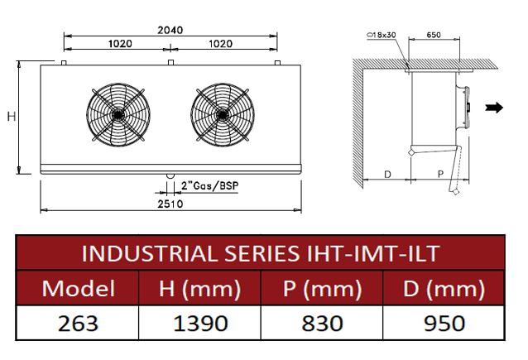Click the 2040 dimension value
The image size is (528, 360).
coord(170,30)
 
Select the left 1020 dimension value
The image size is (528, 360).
coord(120,44)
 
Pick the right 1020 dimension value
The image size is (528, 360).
coord(221,44)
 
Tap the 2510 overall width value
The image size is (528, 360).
coord(170,204)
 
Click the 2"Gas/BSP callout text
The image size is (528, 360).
coord(209,186)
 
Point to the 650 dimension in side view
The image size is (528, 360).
coord(434,35)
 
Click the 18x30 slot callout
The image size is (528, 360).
coord(382,35)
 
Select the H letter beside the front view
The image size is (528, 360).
coord(12,117)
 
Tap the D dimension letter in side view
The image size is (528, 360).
coord(387,175)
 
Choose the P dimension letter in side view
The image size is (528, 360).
coord(440,174)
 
